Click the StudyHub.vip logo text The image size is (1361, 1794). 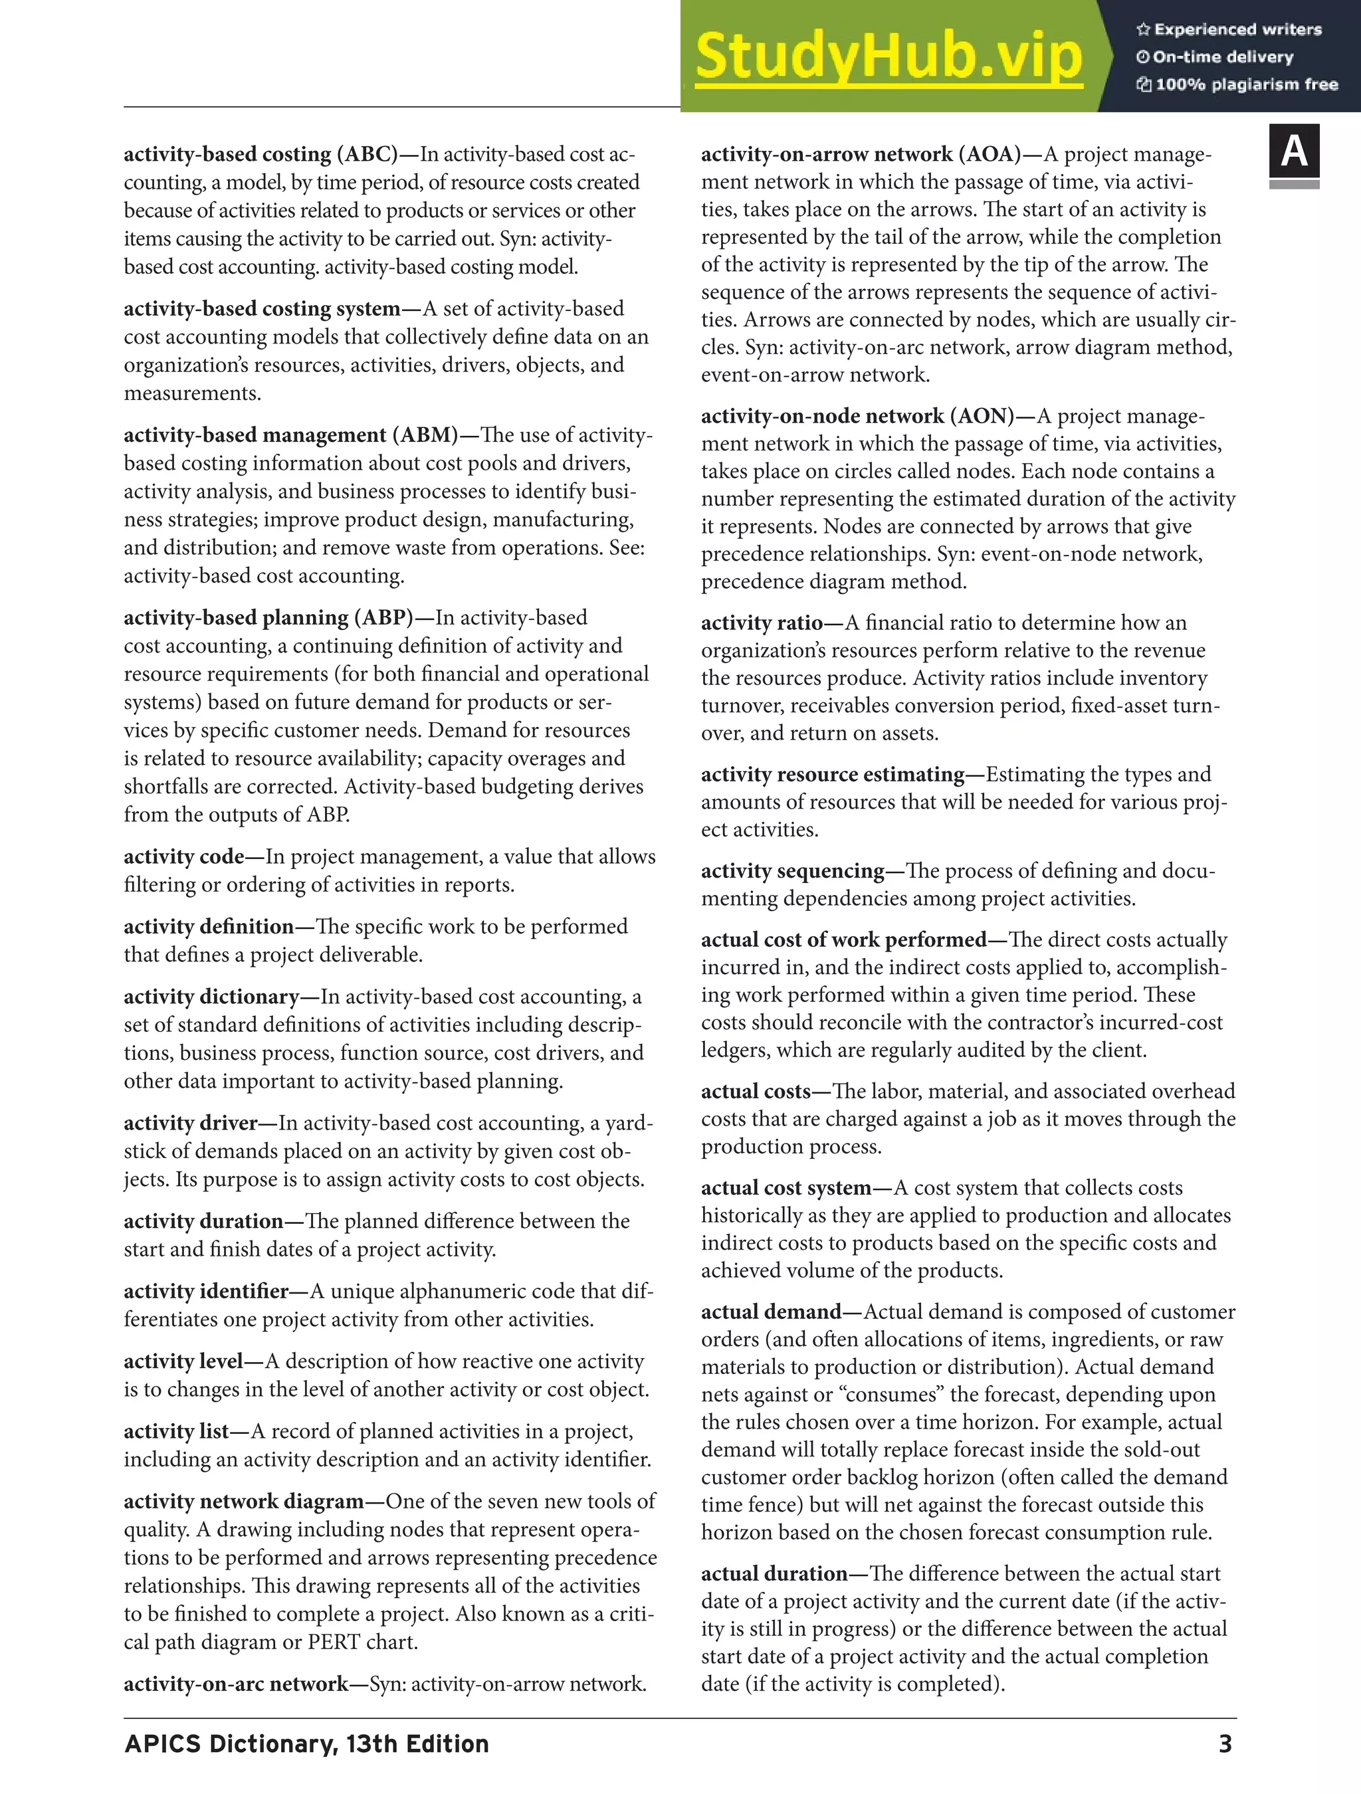pos(888,56)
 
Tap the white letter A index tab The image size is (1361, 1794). pos(1294,151)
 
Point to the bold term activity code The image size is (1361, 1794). pos(183,856)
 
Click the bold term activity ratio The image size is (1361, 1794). pos(762,622)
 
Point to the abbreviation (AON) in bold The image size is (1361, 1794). pos(985,415)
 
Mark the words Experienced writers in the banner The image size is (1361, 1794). pos(1237,29)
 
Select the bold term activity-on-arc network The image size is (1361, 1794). pos(236,1684)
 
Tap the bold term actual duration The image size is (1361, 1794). pos(774,1573)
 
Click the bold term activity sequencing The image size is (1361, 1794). pos(792,870)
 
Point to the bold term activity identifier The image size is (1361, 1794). pos(206,1290)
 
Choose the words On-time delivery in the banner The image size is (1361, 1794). pos(1222,56)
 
